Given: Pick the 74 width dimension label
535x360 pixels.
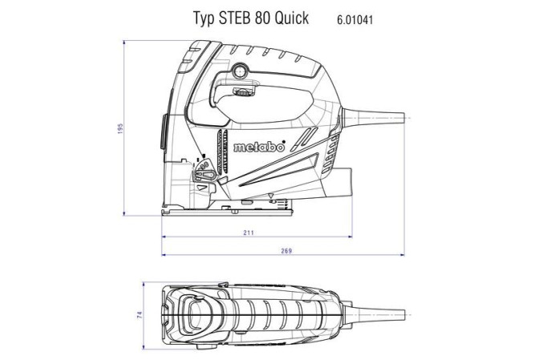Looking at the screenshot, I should coord(140,315).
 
